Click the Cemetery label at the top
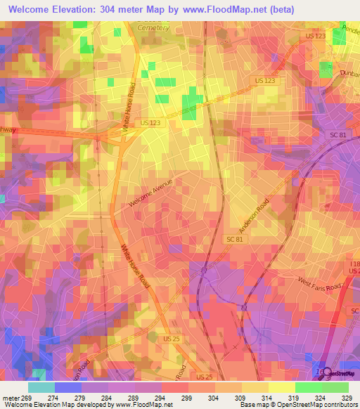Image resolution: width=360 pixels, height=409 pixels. [x=154, y=27]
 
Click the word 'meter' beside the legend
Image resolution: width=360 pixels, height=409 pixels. [x=11, y=397]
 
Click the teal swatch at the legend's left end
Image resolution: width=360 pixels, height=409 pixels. [x=41, y=387]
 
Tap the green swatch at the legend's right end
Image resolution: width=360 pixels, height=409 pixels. [x=335, y=387]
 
